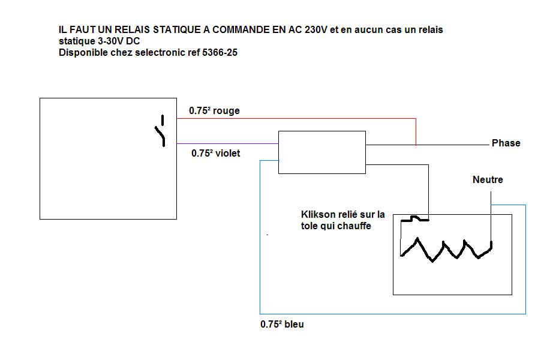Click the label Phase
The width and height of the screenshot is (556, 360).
click(506, 143)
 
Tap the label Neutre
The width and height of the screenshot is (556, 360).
click(488, 179)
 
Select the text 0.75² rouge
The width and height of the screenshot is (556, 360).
click(214, 111)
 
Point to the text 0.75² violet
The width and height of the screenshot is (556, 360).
click(215, 154)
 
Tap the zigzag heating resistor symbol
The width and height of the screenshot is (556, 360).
click(446, 248)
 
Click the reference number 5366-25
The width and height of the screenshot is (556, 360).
click(220, 53)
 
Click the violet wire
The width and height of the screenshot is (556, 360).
click(228, 143)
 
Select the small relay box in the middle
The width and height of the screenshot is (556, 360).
click(321, 152)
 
